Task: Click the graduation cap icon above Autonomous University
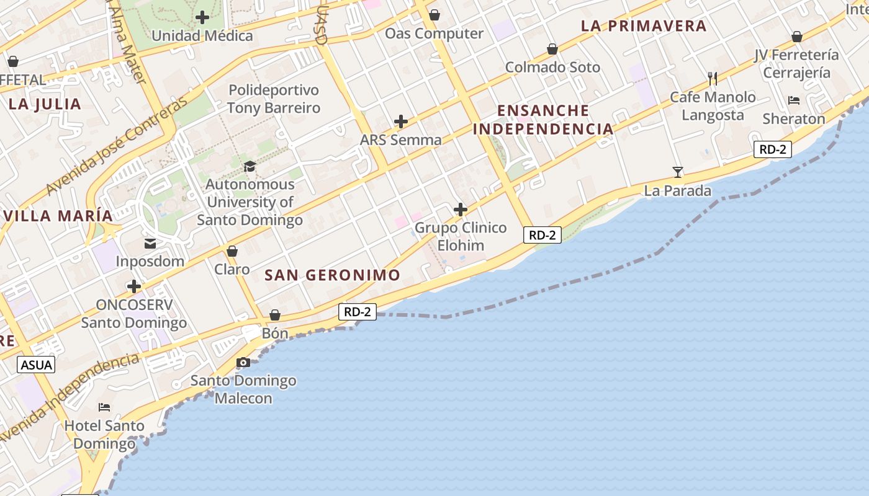(250, 166)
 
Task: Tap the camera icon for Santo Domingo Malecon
(243, 363)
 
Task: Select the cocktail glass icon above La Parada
(678, 172)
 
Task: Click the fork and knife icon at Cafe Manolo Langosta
(713, 79)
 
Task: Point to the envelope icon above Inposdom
(150, 243)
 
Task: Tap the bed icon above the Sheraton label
(794, 100)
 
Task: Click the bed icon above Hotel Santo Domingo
(104, 407)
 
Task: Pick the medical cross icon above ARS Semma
(401, 122)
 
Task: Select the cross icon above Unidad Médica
(202, 17)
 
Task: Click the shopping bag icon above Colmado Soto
(552, 49)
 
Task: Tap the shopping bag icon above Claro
(232, 251)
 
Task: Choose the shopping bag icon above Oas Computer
(434, 15)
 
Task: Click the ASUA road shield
(37, 365)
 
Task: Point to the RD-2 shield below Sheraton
(773, 149)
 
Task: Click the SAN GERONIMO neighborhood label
(333, 275)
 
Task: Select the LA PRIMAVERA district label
(644, 26)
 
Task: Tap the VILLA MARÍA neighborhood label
(58, 216)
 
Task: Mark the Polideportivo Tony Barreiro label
(274, 99)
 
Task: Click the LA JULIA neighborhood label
(45, 104)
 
